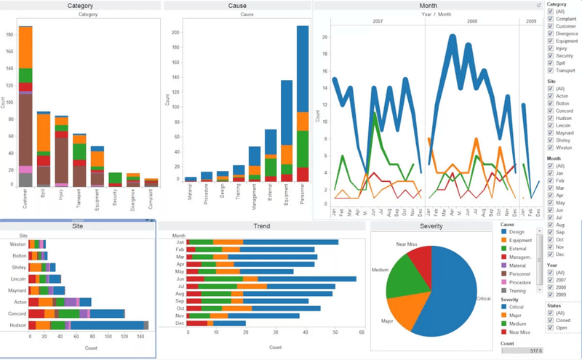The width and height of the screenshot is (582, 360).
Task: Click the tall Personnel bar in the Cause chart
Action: coord(302,109)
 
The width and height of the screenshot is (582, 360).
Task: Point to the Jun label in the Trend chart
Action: coord(179,279)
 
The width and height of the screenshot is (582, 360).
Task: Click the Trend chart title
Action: coord(260,227)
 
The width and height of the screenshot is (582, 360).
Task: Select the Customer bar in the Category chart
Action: coord(25,109)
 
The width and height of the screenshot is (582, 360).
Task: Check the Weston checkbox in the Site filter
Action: coord(551,147)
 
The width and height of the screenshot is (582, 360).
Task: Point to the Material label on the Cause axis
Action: coord(191,193)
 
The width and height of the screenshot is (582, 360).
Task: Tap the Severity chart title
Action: coord(431,227)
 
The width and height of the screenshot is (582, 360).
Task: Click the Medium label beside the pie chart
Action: coord(380,269)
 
